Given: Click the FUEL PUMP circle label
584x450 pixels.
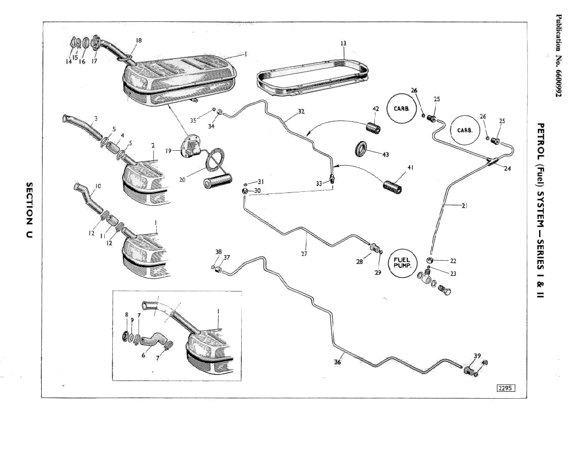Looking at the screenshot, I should click(402, 263).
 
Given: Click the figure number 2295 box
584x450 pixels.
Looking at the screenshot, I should click(505, 389).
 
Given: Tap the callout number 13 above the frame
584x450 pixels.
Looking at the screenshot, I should click(343, 43).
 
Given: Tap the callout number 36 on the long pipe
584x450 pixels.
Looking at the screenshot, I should click(337, 362).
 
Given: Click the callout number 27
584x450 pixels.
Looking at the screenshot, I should click(304, 254).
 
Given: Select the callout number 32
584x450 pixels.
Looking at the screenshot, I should click(301, 112).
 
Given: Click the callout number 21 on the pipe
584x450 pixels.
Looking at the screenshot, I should click(464, 205).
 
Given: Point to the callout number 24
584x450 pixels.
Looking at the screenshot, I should click(507, 169).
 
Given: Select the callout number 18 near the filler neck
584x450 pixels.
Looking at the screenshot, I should click(139, 41).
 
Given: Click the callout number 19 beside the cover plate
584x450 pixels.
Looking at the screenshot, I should click(169, 151).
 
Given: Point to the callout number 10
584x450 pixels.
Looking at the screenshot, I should click(98, 187).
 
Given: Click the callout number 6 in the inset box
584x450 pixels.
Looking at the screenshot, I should click(143, 355).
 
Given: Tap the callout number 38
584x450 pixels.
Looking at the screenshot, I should click(218, 251).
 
